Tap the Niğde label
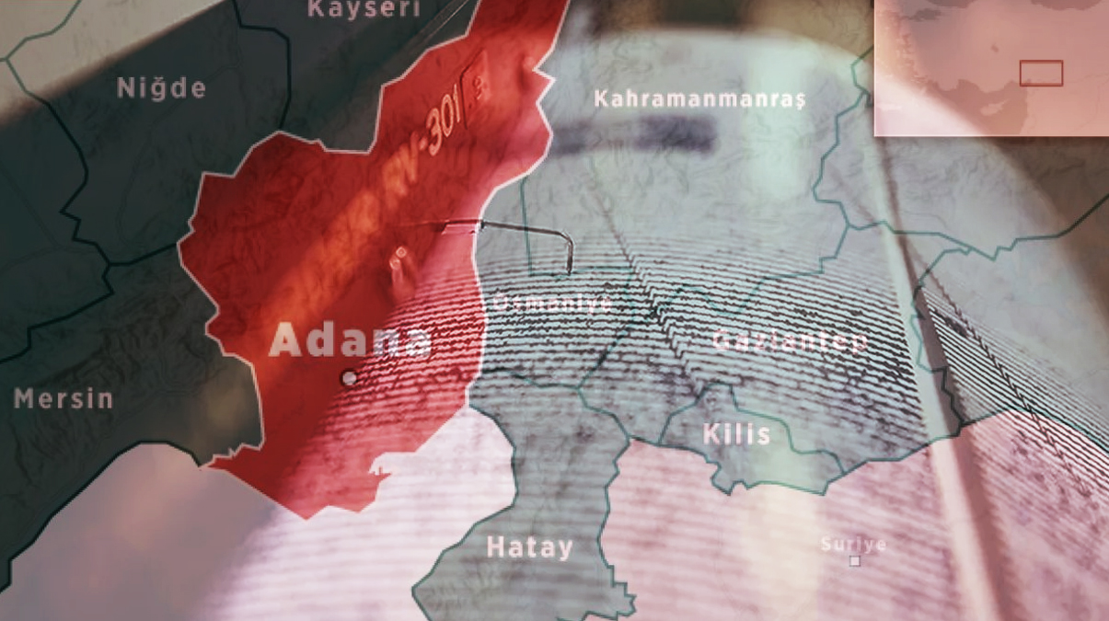tap(161, 89)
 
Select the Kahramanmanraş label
tap(699, 98)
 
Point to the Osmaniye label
tap(552, 304)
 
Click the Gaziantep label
tap(790, 341)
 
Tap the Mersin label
tap(64, 399)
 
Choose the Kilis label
tap(736, 434)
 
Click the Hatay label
tap(529, 548)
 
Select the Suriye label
tap(853, 545)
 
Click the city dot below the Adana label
tap(349, 377)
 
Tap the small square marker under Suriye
tap(855, 560)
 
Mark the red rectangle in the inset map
tap(1041, 73)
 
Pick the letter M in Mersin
tap(22, 399)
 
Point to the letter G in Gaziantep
tap(722, 341)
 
